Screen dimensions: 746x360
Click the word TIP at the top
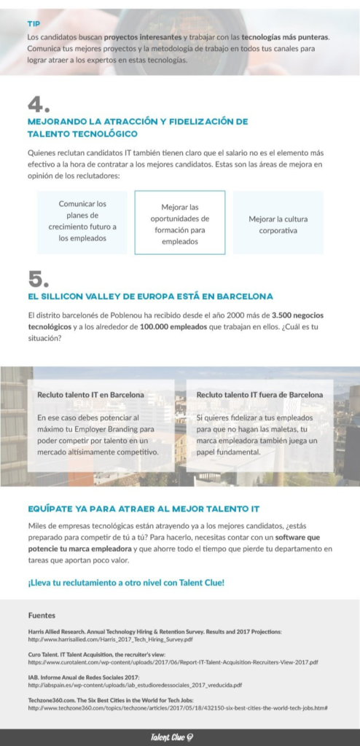coord(34,23)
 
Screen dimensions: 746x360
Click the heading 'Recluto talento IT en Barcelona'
coord(90,395)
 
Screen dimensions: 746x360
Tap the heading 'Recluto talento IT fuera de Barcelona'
coord(259,395)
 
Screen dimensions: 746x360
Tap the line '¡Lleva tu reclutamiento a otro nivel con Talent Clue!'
coord(126,582)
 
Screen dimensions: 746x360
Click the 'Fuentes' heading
coord(42,615)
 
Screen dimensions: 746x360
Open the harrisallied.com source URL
coord(109,639)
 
